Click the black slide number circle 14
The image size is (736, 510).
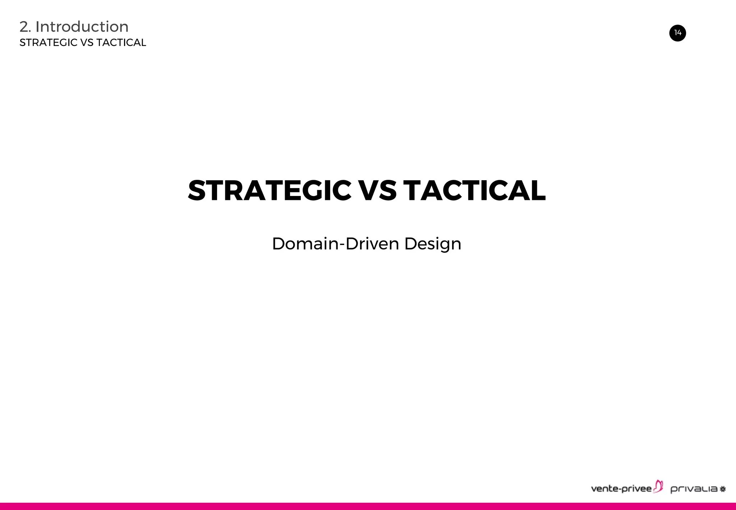pyautogui.click(x=677, y=33)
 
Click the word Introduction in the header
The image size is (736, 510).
pyautogui.click(x=82, y=27)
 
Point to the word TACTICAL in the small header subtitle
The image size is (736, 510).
pyautogui.click(x=121, y=42)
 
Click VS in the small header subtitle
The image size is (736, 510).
pyautogui.click(x=87, y=42)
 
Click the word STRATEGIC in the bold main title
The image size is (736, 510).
pyautogui.click(x=270, y=190)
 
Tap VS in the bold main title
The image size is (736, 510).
pyautogui.click(x=378, y=190)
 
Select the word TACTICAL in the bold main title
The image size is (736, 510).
pyautogui.click(x=474, y=190)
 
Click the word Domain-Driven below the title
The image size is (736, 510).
pyautogui.click(x=336, y=244)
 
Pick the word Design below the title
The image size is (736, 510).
pyautogui.click(x=433, y=244)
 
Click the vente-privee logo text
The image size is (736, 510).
pyautogui.click(x=621, y=488)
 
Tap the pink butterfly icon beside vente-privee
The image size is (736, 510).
pyautogui.click(x=658, y=486)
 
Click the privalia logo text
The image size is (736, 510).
pyautogui.click(x=694, y=489)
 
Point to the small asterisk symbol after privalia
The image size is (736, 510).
pyautogui.click(x=723, y=489)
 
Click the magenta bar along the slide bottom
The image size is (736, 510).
pyautogui.click(x=368, y=506)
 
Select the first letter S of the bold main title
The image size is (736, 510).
pyautogui.click(x=197, y=190)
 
